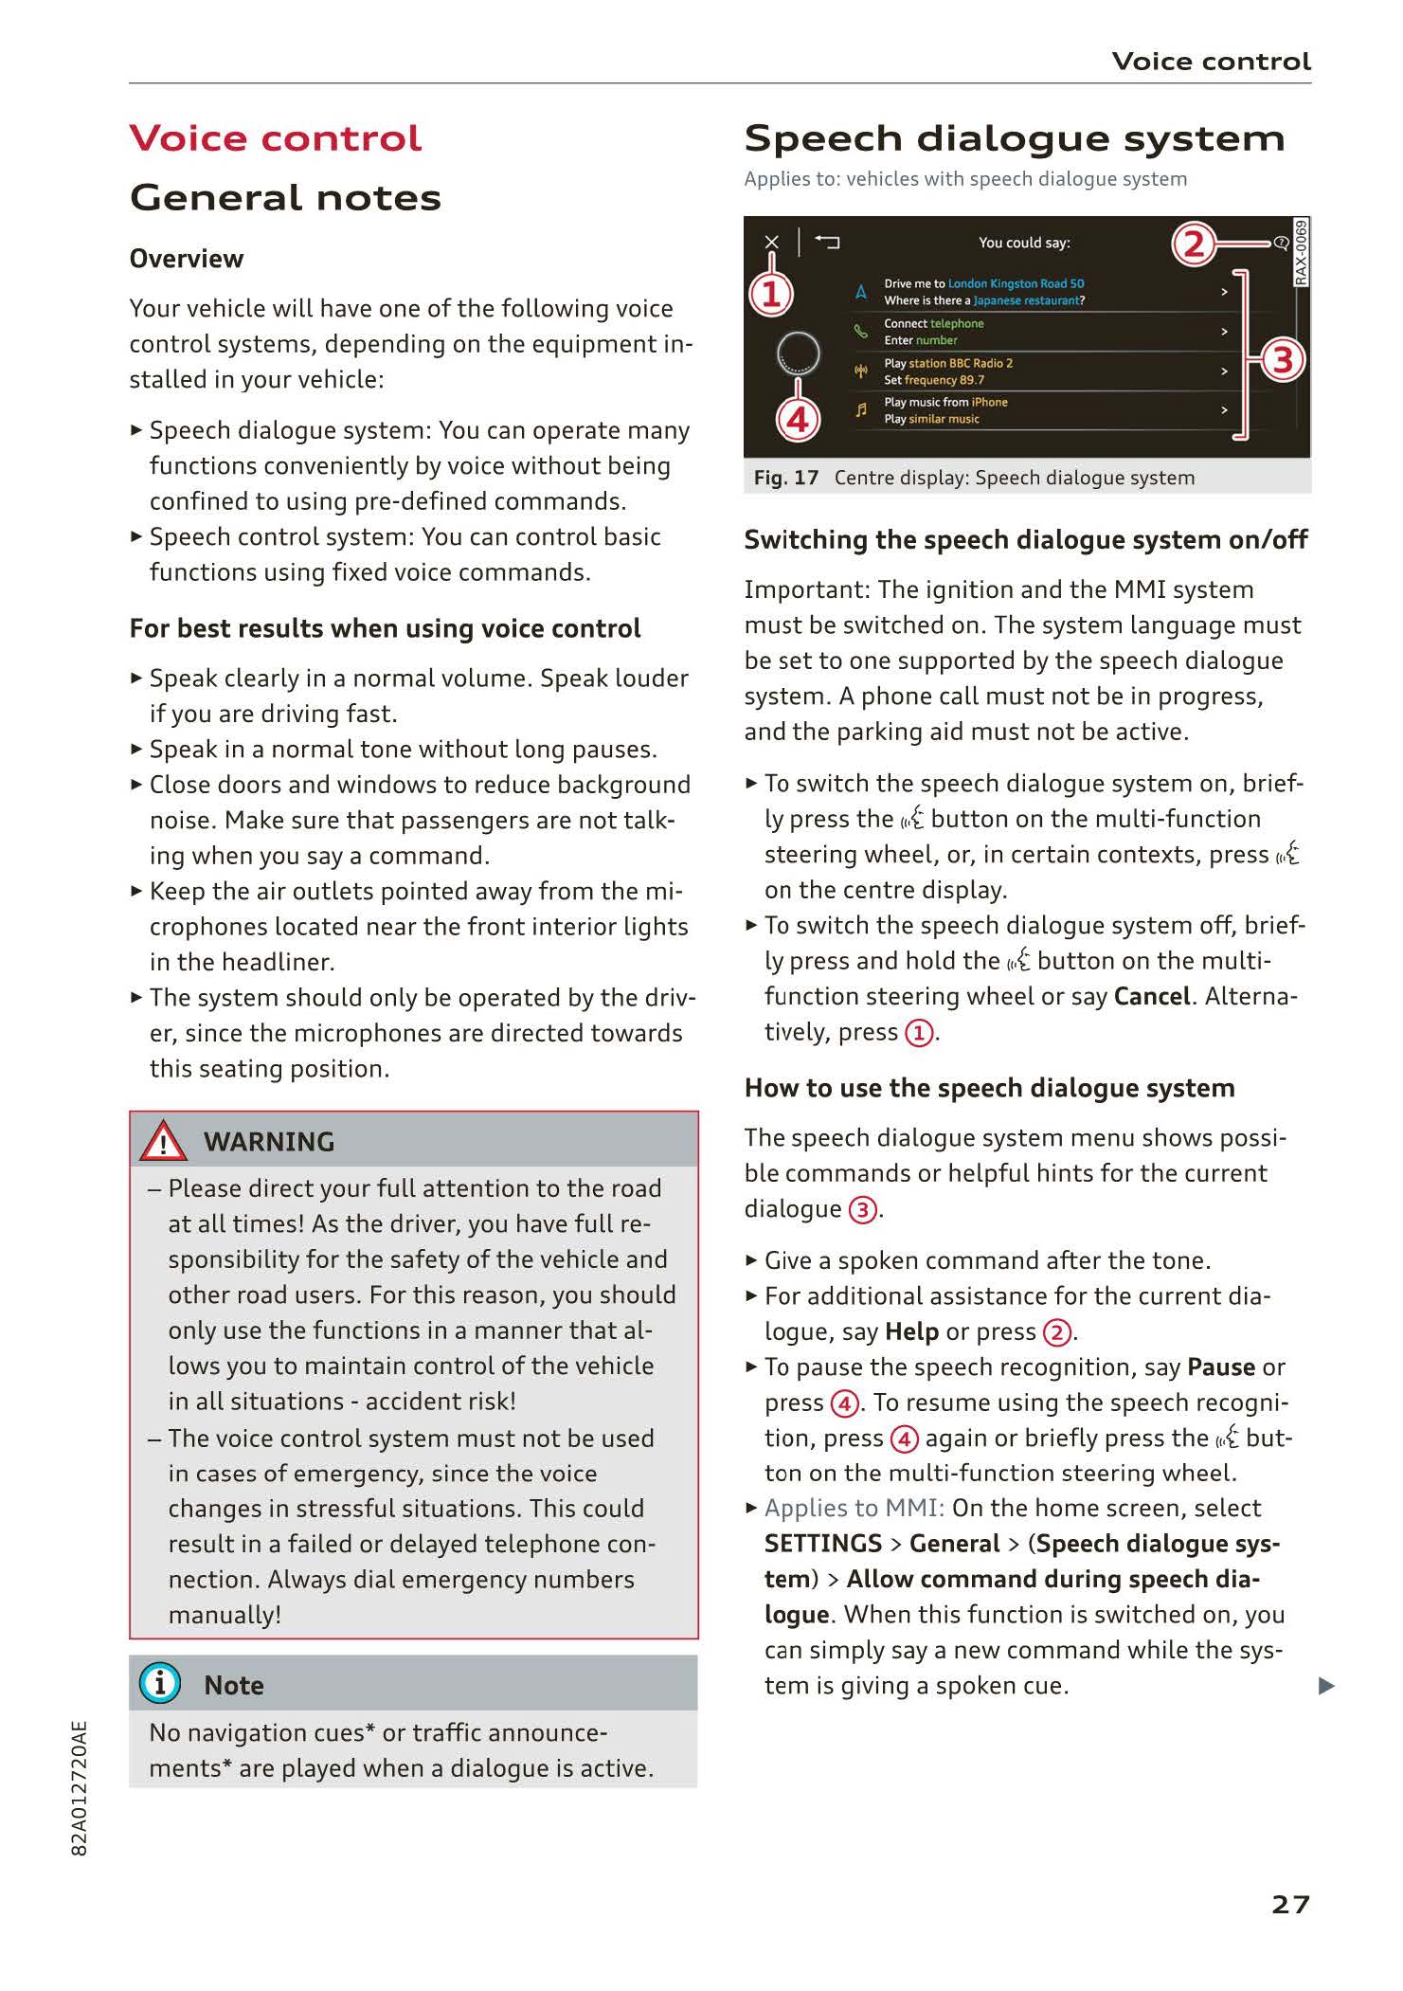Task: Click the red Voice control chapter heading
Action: tap(275, 138)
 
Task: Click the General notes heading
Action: tap(285, 197)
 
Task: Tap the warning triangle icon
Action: tap(163, 1141)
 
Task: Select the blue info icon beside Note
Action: tap(159, 1683)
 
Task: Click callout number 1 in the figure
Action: tap(771, 294)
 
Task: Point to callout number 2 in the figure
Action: tap(1193, 244)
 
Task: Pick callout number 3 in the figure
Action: tap(1282, 360)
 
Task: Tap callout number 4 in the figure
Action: tap(798, 419)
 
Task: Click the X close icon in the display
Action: tap(771, 243)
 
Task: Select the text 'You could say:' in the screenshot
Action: tap(1024, 243)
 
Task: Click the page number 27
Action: tap(1290, 1904)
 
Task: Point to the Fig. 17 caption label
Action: tap(785, 478)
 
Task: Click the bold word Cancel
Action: tap(1152, 996)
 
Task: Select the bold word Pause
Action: tap(1220, 1367)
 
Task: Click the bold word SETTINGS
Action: tap(822, 1544)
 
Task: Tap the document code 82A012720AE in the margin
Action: tap(80, 1787)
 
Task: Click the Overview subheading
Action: tap(187, 259)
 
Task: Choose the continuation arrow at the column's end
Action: tap(1326, 1686)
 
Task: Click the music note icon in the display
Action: tap(861, 410)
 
